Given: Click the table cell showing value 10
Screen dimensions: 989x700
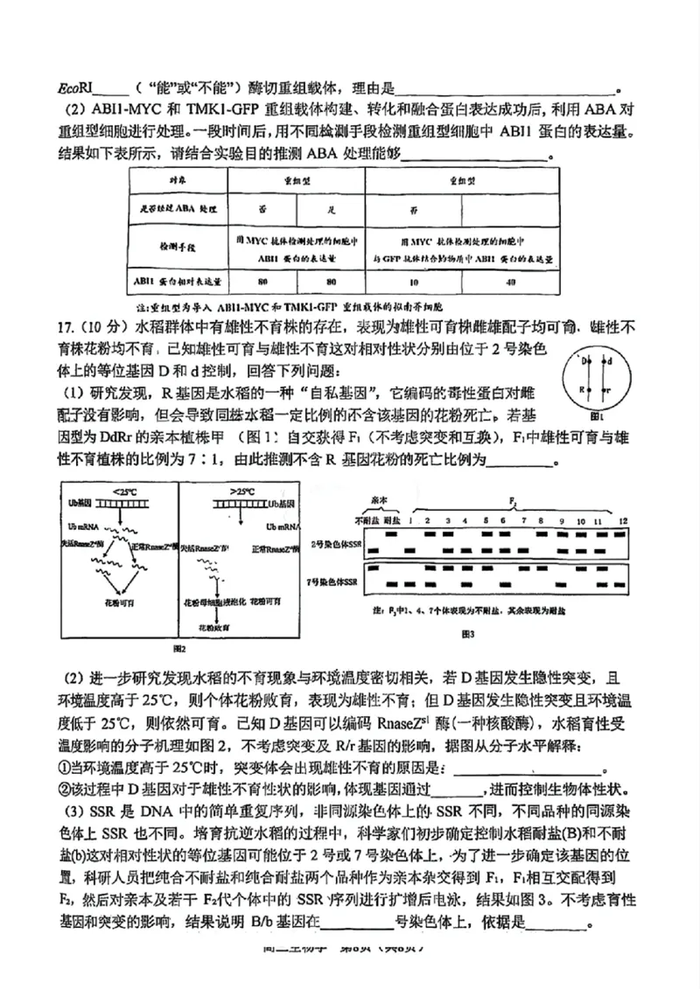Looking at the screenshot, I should [413, 282].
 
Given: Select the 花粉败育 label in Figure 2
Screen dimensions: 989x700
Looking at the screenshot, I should [208, 627].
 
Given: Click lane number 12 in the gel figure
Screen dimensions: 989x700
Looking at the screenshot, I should [622, 521].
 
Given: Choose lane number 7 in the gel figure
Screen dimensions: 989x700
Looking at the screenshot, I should [522, 521].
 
